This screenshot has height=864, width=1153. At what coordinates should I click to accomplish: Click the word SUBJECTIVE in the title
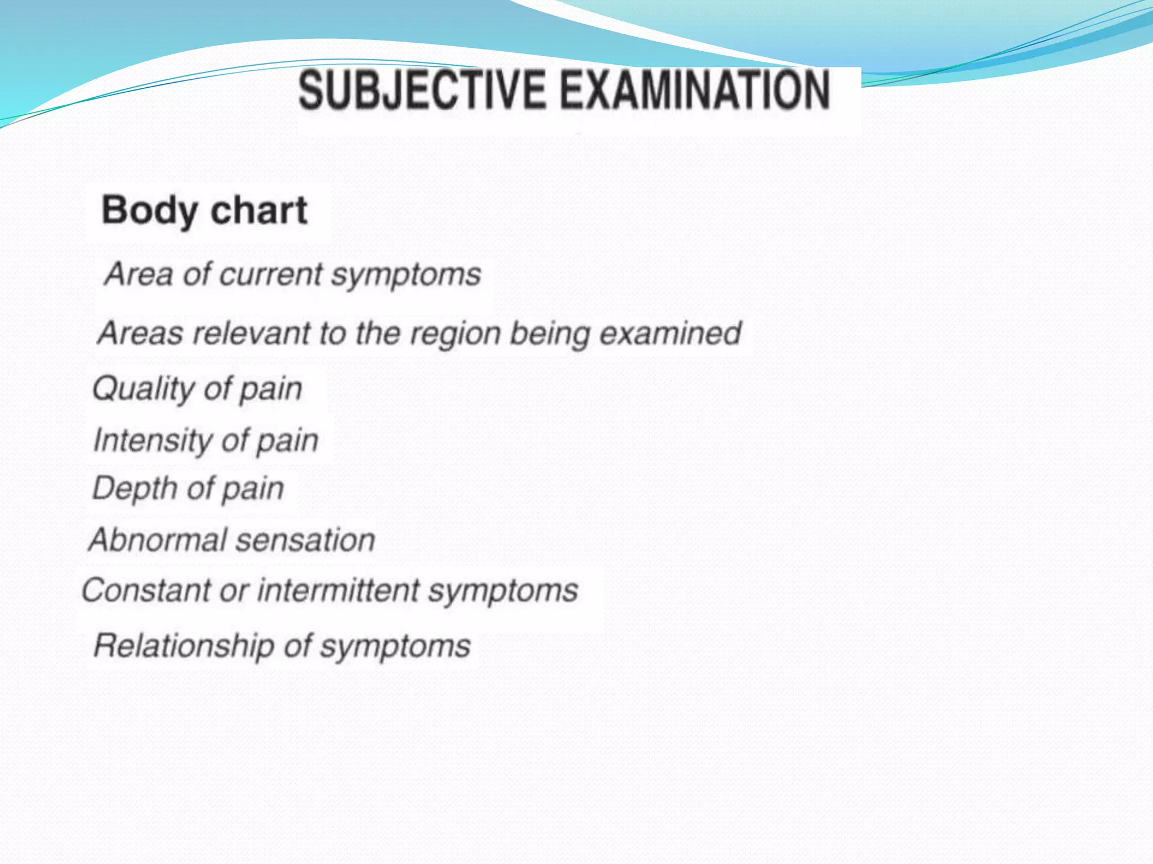(x=422, y=90)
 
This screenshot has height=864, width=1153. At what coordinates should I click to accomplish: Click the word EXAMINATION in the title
(x=695, y=90)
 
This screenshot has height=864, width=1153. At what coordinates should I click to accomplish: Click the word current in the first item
(x=271, y=275)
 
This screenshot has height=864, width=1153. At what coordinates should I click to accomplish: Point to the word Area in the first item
(x=138, y=275)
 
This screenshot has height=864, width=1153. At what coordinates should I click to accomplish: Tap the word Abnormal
(x=157, y=540)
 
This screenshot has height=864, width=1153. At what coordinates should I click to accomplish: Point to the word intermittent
(x=338, y=591)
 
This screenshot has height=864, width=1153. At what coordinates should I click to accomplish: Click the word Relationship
(x=184, y=646)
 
